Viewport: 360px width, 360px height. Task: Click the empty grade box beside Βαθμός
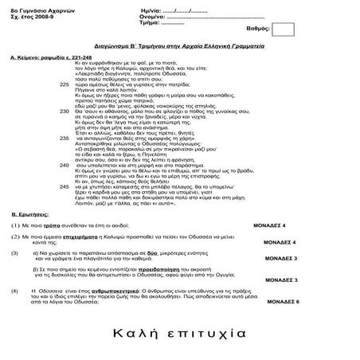tap(284, 29)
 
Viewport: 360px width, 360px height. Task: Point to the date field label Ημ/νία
tap(150, 6)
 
